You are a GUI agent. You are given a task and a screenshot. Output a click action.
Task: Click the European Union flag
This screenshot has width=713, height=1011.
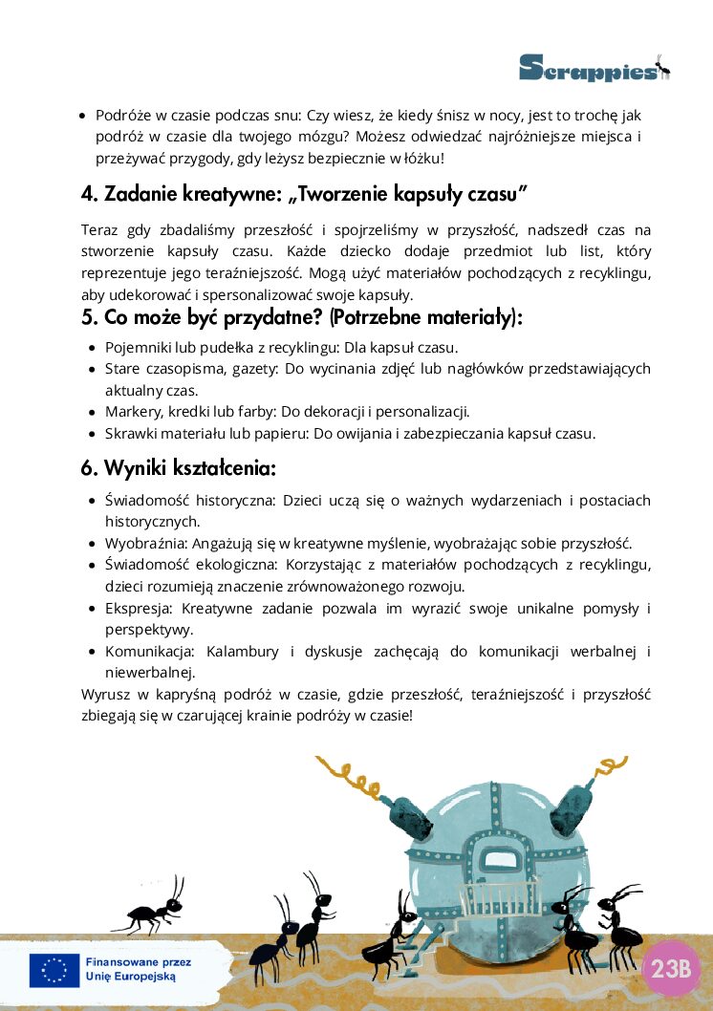click(54, 970)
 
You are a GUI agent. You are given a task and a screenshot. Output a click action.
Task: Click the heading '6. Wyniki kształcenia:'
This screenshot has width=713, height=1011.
click(179, 469)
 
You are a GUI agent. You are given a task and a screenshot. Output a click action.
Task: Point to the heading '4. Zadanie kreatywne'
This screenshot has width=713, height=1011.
click(305, 194)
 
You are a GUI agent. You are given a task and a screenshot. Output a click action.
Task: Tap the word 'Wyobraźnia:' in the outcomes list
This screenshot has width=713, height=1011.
click(146, 544)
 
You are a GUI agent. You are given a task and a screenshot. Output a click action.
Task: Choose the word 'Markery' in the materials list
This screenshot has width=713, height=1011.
click(132, 412)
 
